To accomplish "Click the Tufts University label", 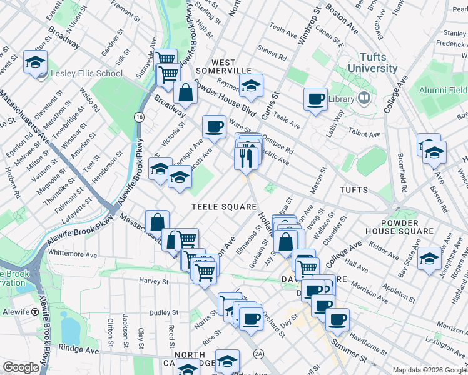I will coord(364,62).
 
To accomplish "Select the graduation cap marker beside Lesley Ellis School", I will coord(36,62).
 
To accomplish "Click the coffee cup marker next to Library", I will coord(316,98).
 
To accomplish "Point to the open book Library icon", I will coord(364,99).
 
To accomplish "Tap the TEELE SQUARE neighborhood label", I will coord(224,207).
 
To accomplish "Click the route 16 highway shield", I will coord(139,117).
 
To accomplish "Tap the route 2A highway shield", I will coord(258,354).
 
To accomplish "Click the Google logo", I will coord(21,367).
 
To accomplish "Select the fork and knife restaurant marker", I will coord(246,157).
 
